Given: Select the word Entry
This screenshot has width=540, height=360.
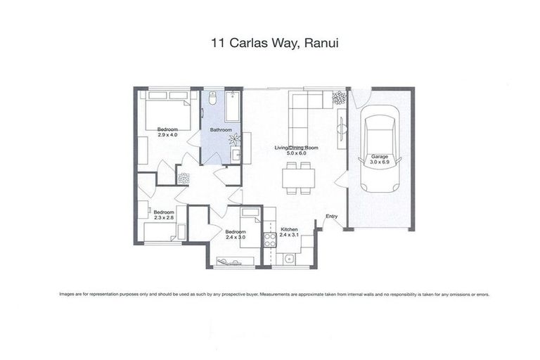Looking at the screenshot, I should (x=331, y=217).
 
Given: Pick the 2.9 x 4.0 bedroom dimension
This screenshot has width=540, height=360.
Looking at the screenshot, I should (x=167, y=134).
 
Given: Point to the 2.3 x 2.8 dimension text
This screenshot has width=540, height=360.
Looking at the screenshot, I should (x=163, y=217).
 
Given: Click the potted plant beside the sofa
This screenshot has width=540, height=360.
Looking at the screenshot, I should (x=340, y=98).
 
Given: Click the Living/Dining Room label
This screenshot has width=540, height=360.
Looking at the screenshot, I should (x=297, y=148).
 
